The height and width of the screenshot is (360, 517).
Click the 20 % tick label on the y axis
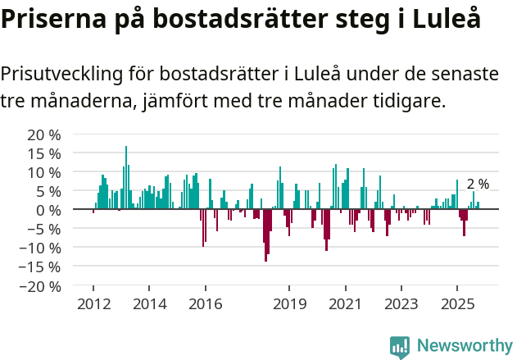pyautogui.click(x=45, y=134)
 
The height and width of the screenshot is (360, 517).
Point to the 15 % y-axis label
pyautogui.click(x=45, y=153)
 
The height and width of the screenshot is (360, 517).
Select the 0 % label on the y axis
pyautogui.click(x=49, y=210)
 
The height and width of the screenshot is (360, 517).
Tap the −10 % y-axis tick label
pyautogui.click(x=41, y=248)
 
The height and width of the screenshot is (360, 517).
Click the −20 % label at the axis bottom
pyautogui.click(x=41, y=286)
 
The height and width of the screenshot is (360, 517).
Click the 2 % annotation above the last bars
pyautogui.click(x=478, y=185)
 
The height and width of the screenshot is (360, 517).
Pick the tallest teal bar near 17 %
pyautogui.click(x=126, y=177)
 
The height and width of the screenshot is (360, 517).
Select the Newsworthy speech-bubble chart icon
pyautogui.click(x=400, y=346)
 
